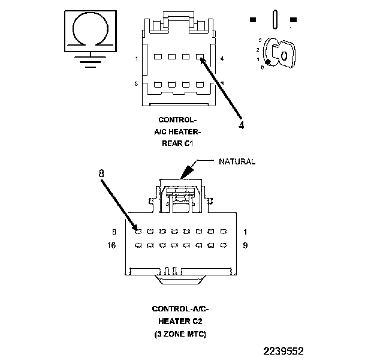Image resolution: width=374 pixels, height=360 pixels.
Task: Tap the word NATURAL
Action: click(x=237, y=161)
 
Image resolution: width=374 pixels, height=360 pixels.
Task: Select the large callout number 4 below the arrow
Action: click(x=242, y=126)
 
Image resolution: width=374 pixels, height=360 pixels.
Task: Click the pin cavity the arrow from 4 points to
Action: click(x=200, y=58)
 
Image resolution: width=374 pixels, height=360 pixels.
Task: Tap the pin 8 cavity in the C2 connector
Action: click(x=138, y=231)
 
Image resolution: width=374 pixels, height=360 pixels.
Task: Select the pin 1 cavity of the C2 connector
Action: click(x=223, y=231)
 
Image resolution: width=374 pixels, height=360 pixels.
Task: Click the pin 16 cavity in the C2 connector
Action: click(x=138, y=245)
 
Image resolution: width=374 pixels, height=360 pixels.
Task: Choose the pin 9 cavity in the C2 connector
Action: click(x=223, y=245)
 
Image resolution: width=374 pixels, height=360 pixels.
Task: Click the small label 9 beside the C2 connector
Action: click(x=245, y=245)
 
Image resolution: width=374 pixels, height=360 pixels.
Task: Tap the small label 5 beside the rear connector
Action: click(x=137, y=83)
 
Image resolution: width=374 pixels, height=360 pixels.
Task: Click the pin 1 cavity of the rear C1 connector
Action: click(x=157, y=58)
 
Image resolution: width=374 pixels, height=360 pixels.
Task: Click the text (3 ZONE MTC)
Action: click(x=180, y=334)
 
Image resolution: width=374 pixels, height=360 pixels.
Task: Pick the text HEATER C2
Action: click(x=180, y=321)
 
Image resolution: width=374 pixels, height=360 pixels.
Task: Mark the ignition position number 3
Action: click(x=259, y=40)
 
